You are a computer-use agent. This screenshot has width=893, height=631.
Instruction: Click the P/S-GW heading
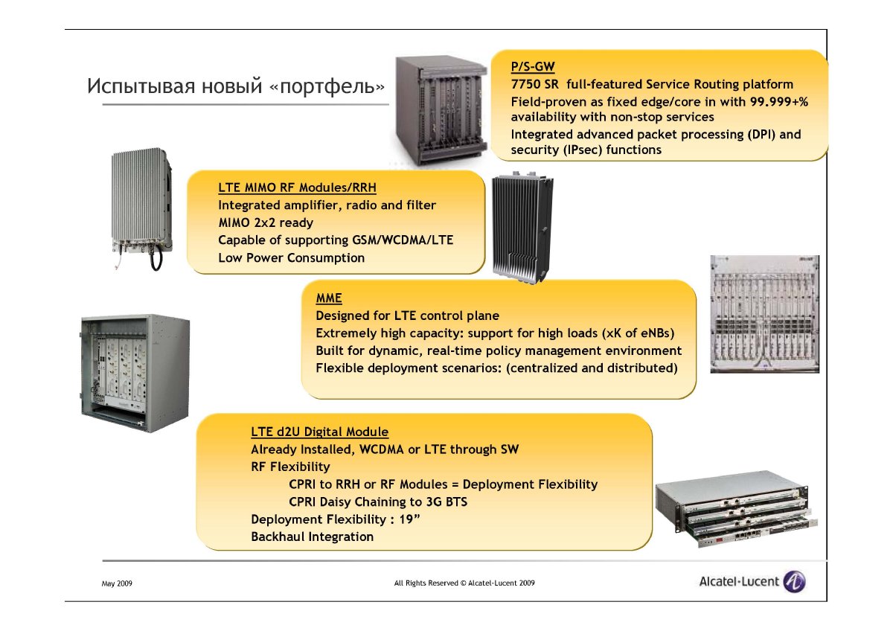tap(533, 66)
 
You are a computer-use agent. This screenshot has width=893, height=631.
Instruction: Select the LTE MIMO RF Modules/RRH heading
tap(297, 188)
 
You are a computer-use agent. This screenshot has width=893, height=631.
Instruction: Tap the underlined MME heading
tap(329, 298)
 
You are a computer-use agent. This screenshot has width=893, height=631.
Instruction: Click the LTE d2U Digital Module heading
tap(319, 432)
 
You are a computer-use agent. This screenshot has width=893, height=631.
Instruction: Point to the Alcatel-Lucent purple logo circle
tap(794, 582)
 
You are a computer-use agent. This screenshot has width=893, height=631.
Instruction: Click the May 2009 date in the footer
tap(117, 583)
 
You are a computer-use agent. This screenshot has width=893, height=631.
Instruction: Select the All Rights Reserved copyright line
tap(464, 583)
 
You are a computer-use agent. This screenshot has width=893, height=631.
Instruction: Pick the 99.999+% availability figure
tap(779, 102)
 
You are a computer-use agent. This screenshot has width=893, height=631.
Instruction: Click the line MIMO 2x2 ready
tap(266, 222)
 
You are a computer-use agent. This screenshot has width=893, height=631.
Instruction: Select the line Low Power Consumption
tap(292, 258)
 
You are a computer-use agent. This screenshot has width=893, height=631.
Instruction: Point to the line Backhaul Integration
tap(312, 536)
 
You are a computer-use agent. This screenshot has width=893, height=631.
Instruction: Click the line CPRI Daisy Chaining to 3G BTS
tap(378, 502)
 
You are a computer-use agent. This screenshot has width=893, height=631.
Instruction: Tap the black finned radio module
tap(522, 228)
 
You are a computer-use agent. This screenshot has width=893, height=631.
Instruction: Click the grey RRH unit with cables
tap(141, 209)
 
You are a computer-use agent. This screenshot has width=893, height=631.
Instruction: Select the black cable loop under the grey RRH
tap(156, 258)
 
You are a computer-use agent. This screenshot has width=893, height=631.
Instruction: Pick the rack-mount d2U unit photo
tap(736, 509)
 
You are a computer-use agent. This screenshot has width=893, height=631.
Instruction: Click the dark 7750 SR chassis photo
tap(441, 110)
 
